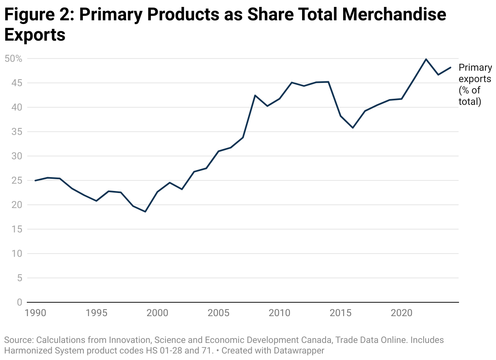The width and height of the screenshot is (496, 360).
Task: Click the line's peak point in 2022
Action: tap(426, 59)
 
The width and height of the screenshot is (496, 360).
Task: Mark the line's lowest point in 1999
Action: tap(145, 212)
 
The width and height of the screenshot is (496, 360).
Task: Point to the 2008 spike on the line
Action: tap(255, 95)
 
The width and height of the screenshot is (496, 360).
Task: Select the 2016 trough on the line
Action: tap(353, 128)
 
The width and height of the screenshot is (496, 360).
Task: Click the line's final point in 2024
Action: tap(450, 67)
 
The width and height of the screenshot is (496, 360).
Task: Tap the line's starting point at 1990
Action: tap(35, 180)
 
